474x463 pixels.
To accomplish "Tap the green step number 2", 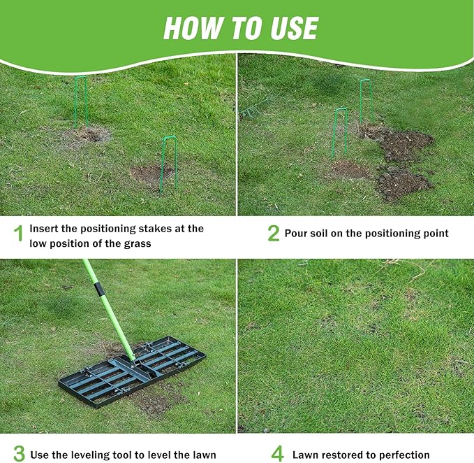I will (273, 234).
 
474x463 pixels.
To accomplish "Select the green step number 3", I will (19, 453).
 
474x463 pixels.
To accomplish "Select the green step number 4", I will (277, 453).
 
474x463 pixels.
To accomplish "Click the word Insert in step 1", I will (45, 229).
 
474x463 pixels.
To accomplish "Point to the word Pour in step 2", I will (297, 234).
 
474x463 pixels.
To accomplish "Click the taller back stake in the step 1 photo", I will (81, 101).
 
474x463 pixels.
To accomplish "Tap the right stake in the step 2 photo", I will (364, 102).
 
